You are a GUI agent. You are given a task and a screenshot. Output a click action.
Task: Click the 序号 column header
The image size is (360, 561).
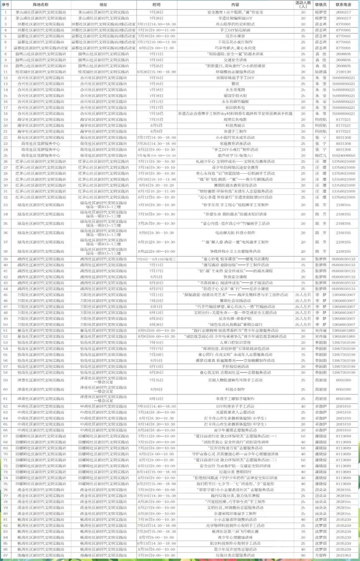(x=5, y=4)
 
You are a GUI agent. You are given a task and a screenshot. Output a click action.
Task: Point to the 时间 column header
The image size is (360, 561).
(x=157, y=4)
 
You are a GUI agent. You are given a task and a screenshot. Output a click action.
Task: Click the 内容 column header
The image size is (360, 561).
(x=235, y=4)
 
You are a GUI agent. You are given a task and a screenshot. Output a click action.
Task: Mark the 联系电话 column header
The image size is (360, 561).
(x=344, y=4)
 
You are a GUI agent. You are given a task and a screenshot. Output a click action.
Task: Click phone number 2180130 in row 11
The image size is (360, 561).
(x=344, y=72)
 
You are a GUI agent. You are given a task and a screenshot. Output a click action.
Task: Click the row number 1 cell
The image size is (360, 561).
(x=5, y=11)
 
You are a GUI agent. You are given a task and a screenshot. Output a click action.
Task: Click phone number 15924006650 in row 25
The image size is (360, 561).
(x=344, y=155)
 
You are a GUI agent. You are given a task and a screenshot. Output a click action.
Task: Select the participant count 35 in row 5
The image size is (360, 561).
(x=303, y=35)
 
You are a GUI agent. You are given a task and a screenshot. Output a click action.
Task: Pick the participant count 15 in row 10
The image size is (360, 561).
(x=303, y=66)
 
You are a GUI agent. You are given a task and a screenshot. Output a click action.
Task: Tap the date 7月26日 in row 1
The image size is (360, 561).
(x=157, y=11)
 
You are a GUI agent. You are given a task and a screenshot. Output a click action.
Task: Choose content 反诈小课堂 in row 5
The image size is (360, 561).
(x=235, y=35)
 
